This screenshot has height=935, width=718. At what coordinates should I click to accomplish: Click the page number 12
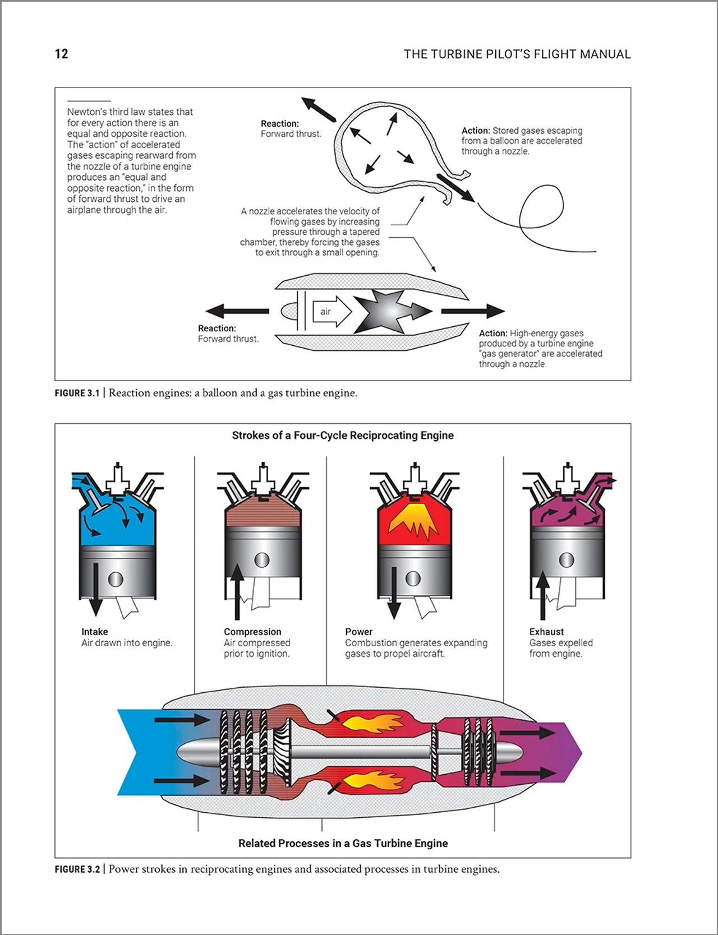click(61, 54)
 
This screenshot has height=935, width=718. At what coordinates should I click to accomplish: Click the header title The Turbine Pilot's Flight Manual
click(517, 54)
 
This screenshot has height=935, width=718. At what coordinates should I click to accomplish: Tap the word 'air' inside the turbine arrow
click(326, 312)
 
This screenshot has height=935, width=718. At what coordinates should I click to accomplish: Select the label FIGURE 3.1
click(77, 393)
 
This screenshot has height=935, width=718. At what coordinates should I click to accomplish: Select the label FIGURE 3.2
click(77, 869)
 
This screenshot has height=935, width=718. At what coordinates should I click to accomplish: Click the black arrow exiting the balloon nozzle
click(455, 187)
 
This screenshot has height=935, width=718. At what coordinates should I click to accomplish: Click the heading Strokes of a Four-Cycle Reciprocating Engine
click(343, 436)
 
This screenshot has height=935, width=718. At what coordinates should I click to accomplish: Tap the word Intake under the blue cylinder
click(94, 632)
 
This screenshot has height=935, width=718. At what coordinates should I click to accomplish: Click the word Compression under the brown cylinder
click(252, 632)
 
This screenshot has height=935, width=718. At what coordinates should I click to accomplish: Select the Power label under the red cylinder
click(358, 632)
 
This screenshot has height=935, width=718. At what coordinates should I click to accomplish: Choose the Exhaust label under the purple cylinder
click(546, 632)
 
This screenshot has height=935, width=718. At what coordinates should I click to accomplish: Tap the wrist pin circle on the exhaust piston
click(567, 559)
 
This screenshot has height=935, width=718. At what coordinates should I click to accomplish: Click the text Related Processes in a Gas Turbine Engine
click(343, 843)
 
